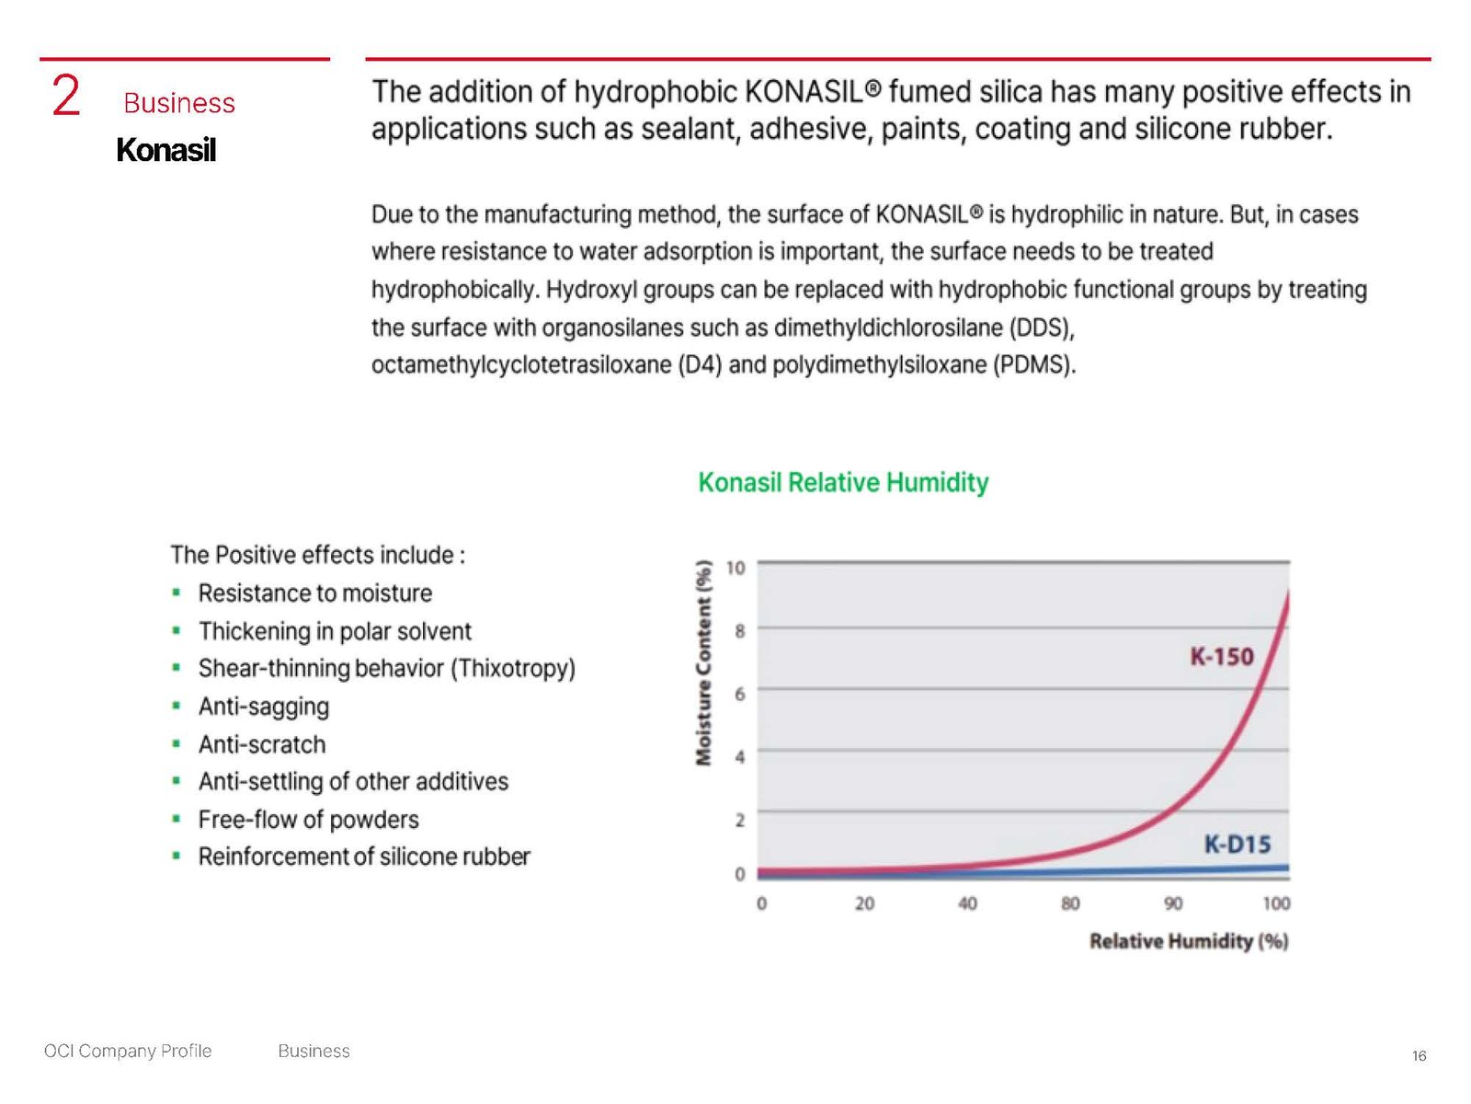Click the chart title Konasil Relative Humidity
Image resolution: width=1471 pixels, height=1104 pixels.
(x=843, y=482)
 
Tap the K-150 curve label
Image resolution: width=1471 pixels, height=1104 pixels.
(x=1221, y=656)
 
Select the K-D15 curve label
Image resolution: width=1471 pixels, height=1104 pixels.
(x=1237, y=844)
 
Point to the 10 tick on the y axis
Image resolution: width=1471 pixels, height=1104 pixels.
(x=735, y=568)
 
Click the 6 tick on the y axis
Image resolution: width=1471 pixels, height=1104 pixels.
(x=739, y=693)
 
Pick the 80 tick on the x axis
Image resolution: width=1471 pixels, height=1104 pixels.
(x=1070, y=903)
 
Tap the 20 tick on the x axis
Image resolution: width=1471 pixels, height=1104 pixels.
(x=864, y=903)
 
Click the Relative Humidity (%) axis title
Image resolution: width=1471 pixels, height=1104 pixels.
(x=1188, y=940)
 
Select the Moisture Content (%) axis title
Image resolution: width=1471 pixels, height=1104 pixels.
(x=704, y=662)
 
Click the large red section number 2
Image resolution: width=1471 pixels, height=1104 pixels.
(x=66, y=97)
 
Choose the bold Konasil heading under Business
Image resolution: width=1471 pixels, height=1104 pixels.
(x=165, y=150)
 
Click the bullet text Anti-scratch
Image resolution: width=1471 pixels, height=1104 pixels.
(x=262, y=744)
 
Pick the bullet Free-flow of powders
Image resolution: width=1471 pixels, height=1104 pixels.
(x=308, y=819)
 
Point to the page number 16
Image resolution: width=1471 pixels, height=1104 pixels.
(x=1419, y=1055)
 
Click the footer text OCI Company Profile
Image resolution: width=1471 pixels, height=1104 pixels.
(x=128, y=1051)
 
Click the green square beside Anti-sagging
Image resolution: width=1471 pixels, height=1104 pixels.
(x=176, y=706)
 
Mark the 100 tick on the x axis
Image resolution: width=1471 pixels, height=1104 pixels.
(x=1275, y=903)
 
